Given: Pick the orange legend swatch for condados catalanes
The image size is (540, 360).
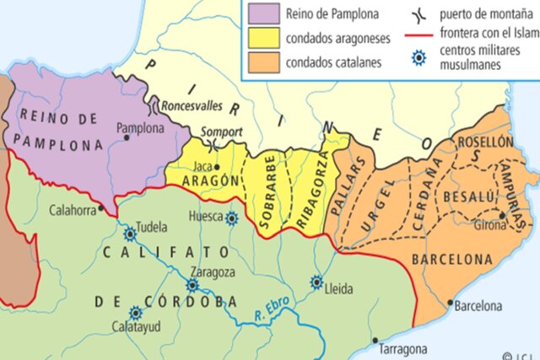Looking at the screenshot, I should click(262, 62).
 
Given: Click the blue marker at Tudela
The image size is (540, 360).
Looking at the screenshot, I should click(130, 234).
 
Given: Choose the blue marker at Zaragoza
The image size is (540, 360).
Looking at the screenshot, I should click(192, 285).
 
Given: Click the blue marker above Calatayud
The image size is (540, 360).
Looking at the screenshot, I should click(135, 310).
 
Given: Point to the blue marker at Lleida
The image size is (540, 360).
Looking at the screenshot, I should click(316, 282).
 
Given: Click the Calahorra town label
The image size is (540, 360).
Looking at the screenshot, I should click(73, 211).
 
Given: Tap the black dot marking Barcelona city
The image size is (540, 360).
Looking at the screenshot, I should click(451, 301).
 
